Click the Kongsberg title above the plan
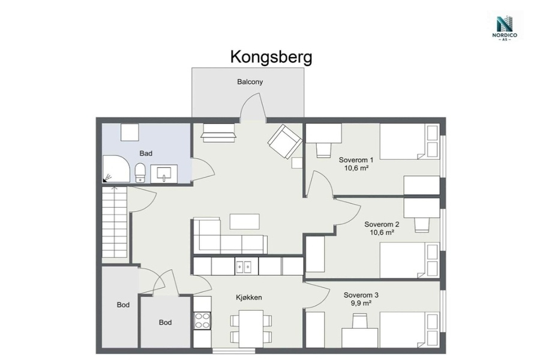click(271, 57)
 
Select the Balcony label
click(250, 82)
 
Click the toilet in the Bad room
click(140, 173)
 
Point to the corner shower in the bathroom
click(116, 169)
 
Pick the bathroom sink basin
click(164, 173)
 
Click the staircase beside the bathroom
click(115, 222)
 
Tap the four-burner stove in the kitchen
click(203, 320)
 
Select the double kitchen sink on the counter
click(244, 266)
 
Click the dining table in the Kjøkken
click(251, 329)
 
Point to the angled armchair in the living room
click(285, 141)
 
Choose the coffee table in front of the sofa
click(245, 221)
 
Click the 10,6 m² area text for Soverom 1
click(356, 168)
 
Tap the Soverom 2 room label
click(382, 224)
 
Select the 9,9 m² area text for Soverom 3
click(361, 303)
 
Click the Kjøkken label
click(248, 298)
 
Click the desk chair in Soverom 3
click(360, 321)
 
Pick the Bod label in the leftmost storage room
click(123, 305)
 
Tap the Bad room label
click(146, 154)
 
